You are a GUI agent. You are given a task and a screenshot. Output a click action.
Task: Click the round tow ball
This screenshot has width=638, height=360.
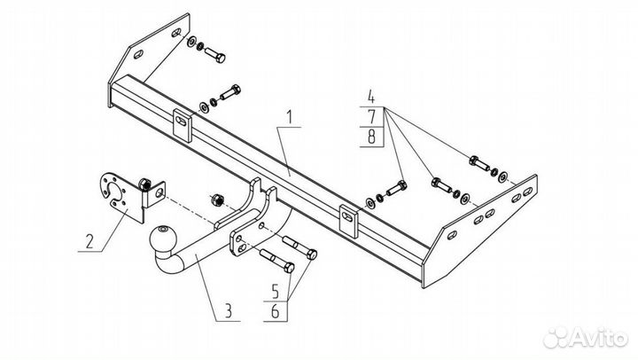164,239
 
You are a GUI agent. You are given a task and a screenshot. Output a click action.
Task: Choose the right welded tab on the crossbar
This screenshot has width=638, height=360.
348,218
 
